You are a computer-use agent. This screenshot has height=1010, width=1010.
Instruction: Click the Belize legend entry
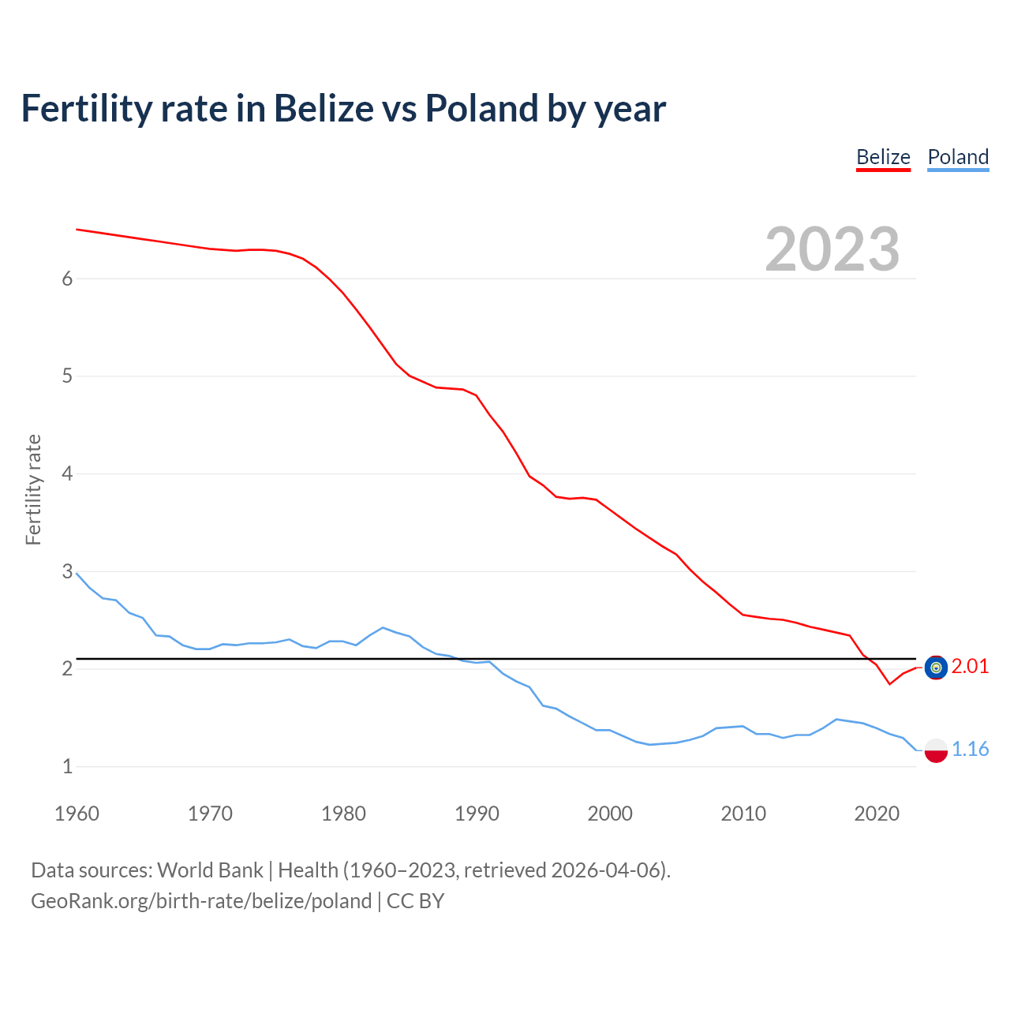[x=883, y=157]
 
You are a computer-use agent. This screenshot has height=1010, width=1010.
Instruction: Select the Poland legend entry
[x=958, y=157]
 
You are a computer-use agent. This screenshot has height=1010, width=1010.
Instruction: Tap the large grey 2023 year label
[x=832, y=249]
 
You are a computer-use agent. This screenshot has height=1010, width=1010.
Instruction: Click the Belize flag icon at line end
[x=936, y=668]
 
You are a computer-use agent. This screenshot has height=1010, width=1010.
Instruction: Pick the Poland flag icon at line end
[x=936, y=750]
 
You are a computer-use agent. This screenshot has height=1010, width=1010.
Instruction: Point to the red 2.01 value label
[x=970, y=667]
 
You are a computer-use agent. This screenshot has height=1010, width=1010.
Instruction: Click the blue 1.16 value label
[x=970, y=749]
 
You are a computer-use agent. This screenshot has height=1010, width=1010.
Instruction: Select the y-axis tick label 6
[x=67, y=279]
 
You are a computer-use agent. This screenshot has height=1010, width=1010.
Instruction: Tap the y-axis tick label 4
[x=67, y=473]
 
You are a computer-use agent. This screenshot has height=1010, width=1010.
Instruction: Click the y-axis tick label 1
[x=67, y=766]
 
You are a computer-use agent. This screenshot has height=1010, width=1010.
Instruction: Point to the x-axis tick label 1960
[x=77, y=814]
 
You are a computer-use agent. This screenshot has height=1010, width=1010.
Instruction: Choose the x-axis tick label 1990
[x=477, y=814]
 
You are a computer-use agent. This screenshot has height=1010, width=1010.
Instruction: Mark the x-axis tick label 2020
[x=877, y=814]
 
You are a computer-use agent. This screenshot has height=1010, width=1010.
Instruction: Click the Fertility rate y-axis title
[x=33, y=489]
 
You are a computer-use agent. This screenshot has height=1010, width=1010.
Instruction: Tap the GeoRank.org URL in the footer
[x=201, y=901]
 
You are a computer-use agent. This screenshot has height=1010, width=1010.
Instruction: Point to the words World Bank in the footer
[x=210, y=870]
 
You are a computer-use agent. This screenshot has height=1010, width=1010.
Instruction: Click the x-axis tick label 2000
[x=610, y=814]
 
